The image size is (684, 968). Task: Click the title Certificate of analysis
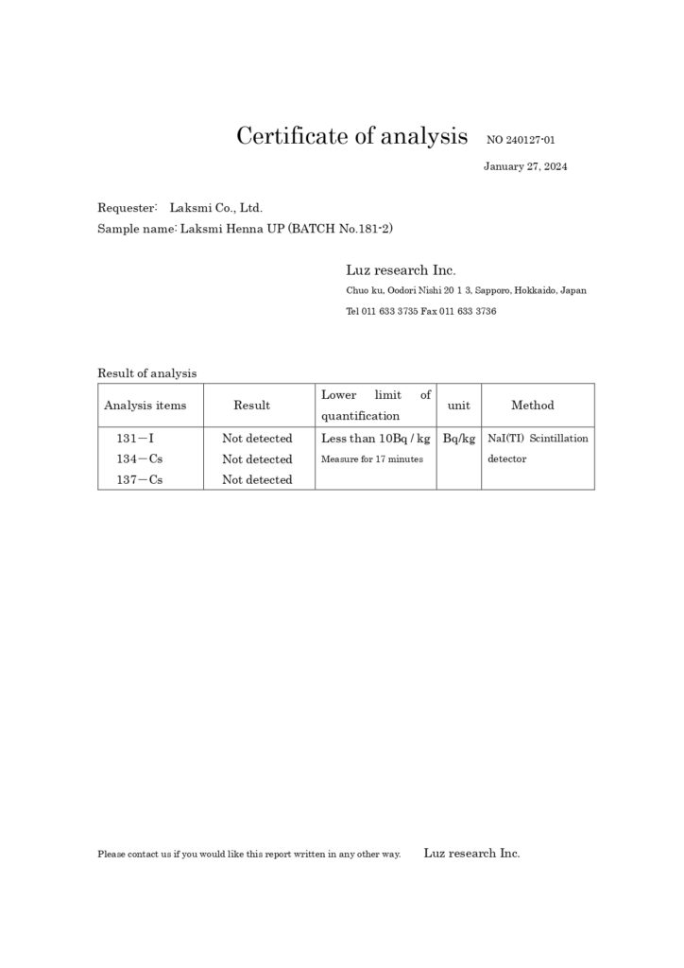click(x=351, y=136)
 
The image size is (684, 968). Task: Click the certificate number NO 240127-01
click(x=521, y=140)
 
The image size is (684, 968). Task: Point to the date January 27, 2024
click(x=525, y=166)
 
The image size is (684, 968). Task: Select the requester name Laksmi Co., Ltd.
click(x=215, y=207)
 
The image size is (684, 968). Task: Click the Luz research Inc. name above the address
click(x=402, y=269)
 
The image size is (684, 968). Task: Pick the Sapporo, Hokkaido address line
click(x=466, y=290)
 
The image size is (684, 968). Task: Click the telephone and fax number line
click(x=421, y=311)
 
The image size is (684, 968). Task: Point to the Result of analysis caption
click(x=146, y=373)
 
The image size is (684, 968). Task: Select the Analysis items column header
click(x=145, y=405)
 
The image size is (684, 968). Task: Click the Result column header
click(x=251, y=405)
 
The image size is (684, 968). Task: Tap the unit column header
click(x=458, y=405)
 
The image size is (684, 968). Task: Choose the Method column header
click(x=533, y=405)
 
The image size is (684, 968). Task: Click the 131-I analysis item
click(x=136, y=439)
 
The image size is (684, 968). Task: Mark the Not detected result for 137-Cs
click(x=257, y=480)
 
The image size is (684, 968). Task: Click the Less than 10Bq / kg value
click(x=376, y=439)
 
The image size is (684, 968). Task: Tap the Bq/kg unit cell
click(x=458, y=439)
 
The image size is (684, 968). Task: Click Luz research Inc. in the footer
click(x=471, y=853)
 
